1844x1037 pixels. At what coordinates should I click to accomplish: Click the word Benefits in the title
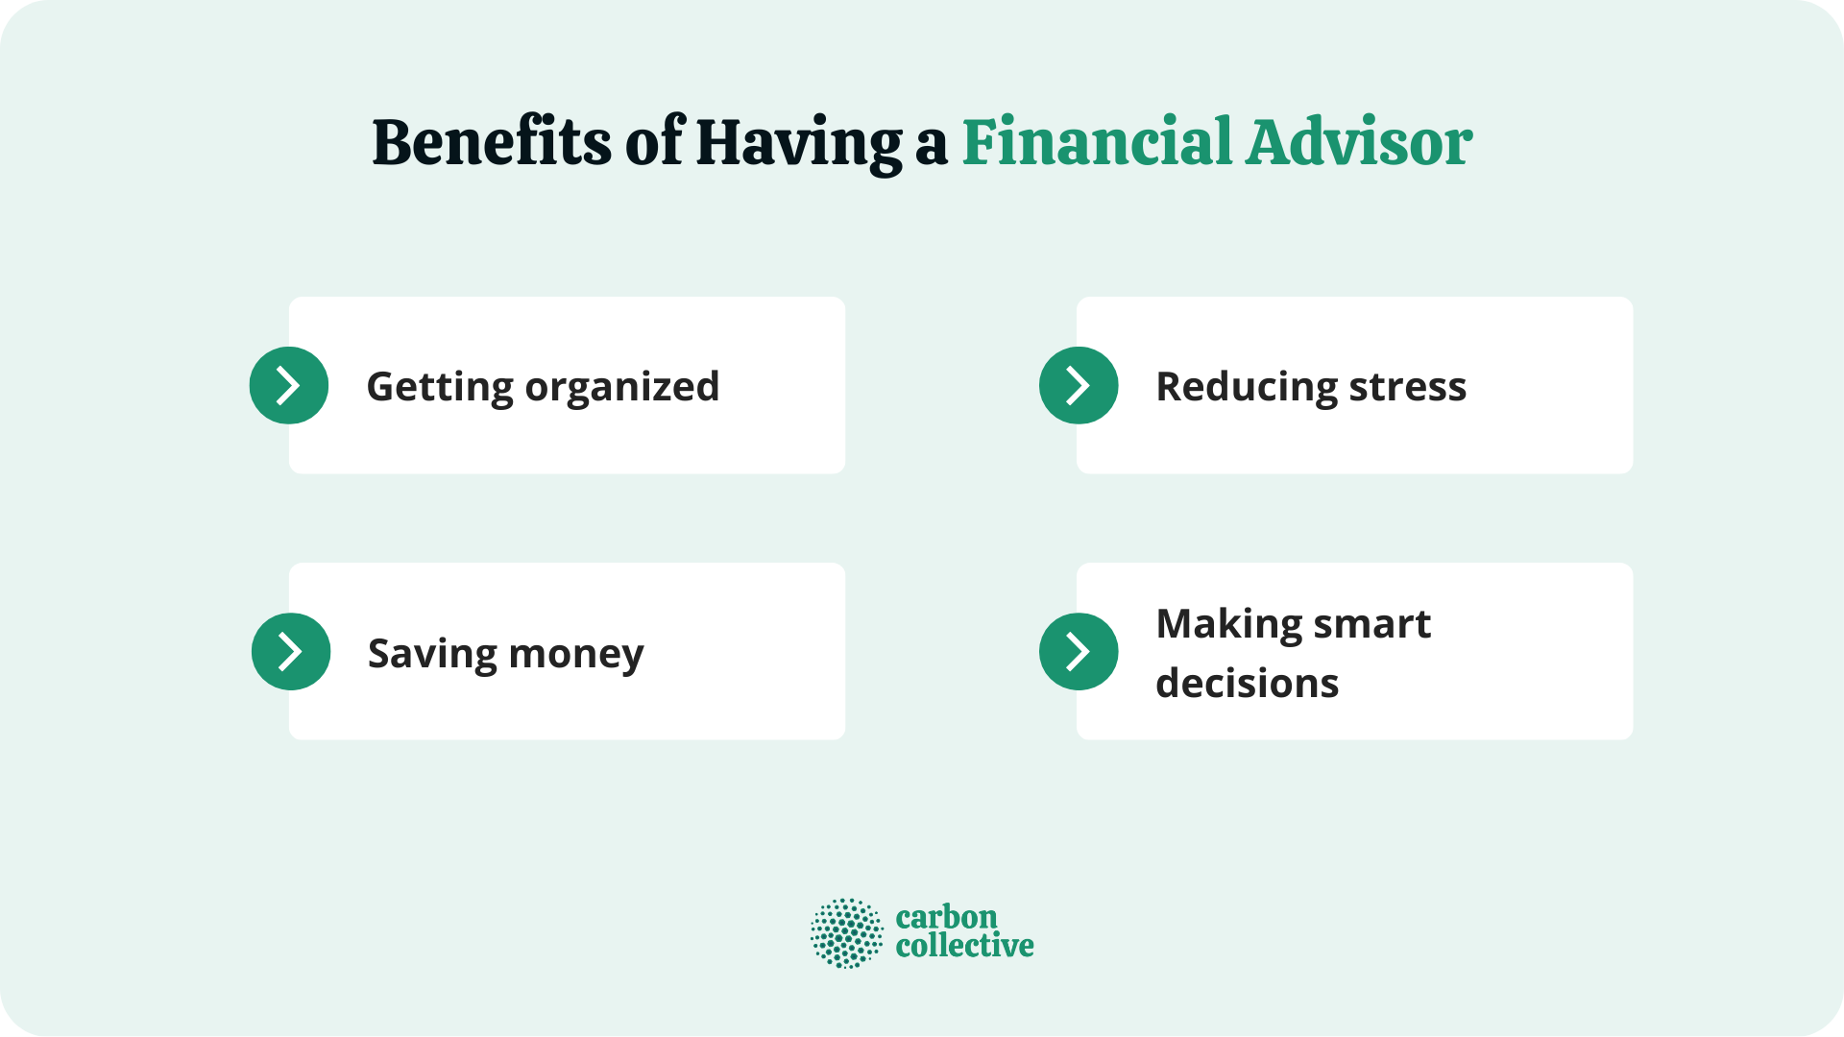pyautogui.click(x=491, y=143)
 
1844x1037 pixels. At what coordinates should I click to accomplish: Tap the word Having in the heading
pyautogui.click(x=799, y=143)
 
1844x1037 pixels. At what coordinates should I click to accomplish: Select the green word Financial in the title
pyautogui.click(x=1097, y=143)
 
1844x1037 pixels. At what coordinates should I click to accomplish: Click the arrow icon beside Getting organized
pyautogui.click(x=289, y=385)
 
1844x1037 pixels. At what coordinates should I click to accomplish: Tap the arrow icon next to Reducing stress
pyautogui.click(x=1079, y=385)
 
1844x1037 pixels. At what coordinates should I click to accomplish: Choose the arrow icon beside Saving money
pyautogui.click(x=291, y=651)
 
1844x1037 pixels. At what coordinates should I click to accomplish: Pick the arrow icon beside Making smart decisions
pyautogui.click(x=1079, y=651)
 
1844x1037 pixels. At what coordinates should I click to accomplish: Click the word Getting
pyautogui.click(x=440, y=387)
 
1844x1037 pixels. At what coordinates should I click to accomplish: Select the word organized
pyautogui.click(x=622, y=387)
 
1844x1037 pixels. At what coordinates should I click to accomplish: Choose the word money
pyautogui.click(x=576, y=654)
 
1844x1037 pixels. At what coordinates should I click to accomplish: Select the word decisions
pyautogui.click(x=1247, y=684)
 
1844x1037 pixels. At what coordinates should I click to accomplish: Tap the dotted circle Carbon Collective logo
pyautogui.click(x=846, y=932)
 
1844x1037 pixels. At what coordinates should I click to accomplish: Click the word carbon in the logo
pyautogui.click(x=946, y=917)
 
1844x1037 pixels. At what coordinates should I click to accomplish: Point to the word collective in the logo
pyautogui.click(x=964, y=946)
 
